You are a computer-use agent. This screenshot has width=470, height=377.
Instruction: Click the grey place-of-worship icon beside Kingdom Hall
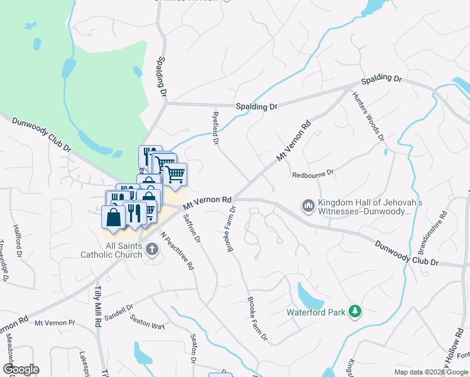(x=308, y=205)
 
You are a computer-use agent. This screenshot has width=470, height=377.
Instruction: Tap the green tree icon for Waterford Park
(x=355, y=312)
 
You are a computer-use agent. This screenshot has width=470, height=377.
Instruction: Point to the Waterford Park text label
(x=317, y=312)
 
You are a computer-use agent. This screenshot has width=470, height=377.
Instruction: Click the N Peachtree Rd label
(x=177, y=251)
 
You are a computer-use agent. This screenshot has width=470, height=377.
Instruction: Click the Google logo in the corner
(x=21, y=369)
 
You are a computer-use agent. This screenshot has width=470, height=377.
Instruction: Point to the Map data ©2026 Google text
(x=430, y=372)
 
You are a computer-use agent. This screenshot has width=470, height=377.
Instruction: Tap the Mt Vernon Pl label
(x=55, y=323)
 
